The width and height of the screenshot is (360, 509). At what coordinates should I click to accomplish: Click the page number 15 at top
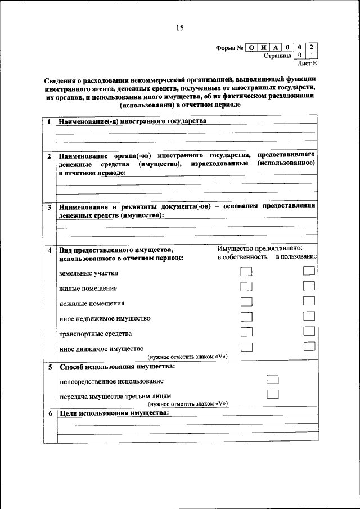[180, 28]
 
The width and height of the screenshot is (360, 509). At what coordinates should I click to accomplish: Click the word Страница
[277, 56]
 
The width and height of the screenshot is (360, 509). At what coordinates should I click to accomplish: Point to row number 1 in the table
[49, 122]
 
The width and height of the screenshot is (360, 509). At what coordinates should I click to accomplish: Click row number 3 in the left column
[49, 208]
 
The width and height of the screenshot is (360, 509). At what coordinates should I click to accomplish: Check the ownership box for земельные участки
[246, 272]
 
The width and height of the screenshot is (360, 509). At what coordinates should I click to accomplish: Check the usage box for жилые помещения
[309, 287]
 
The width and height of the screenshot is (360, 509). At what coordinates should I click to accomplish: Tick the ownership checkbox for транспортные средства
[246, 332]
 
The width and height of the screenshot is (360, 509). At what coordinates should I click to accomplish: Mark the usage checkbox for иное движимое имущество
[309, 346]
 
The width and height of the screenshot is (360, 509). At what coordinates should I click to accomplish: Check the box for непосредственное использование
[273, 380]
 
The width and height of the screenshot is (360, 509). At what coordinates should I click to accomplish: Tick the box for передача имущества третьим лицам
[273, 394]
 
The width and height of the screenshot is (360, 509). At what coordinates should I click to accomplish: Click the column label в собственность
[242, 257]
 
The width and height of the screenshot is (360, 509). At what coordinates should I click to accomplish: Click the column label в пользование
[296, 257]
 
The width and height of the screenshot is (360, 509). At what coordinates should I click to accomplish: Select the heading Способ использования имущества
[116, 367]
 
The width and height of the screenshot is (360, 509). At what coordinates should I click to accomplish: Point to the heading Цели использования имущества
[113, 413]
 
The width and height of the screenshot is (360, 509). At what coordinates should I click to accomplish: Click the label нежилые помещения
[92, 303]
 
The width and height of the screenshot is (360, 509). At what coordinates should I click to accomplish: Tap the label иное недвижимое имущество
[105, 318]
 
